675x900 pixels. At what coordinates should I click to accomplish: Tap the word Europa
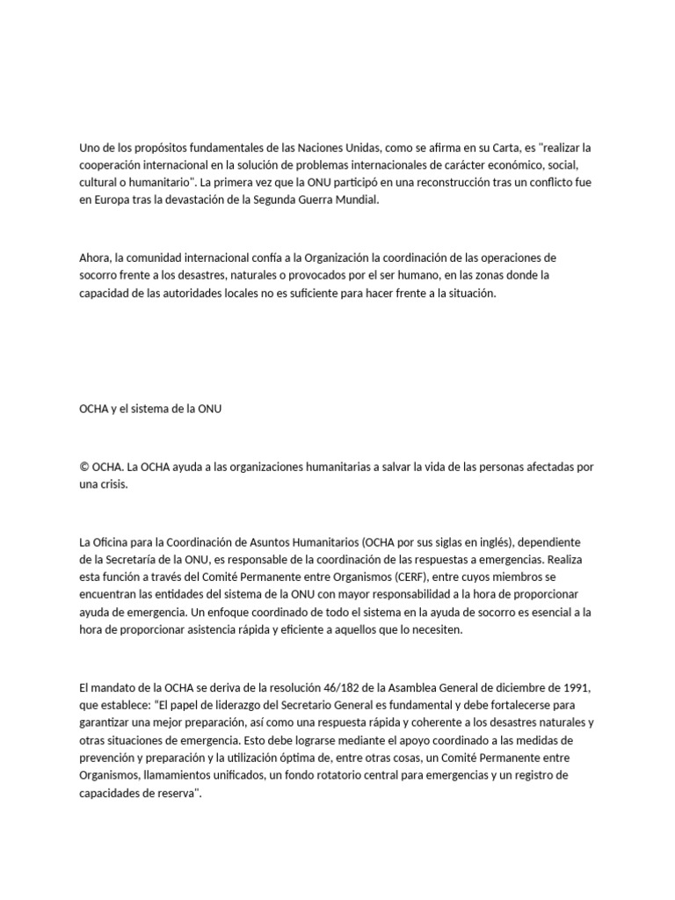tap(110, 200)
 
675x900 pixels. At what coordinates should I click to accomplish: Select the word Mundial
tap(354, 200)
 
